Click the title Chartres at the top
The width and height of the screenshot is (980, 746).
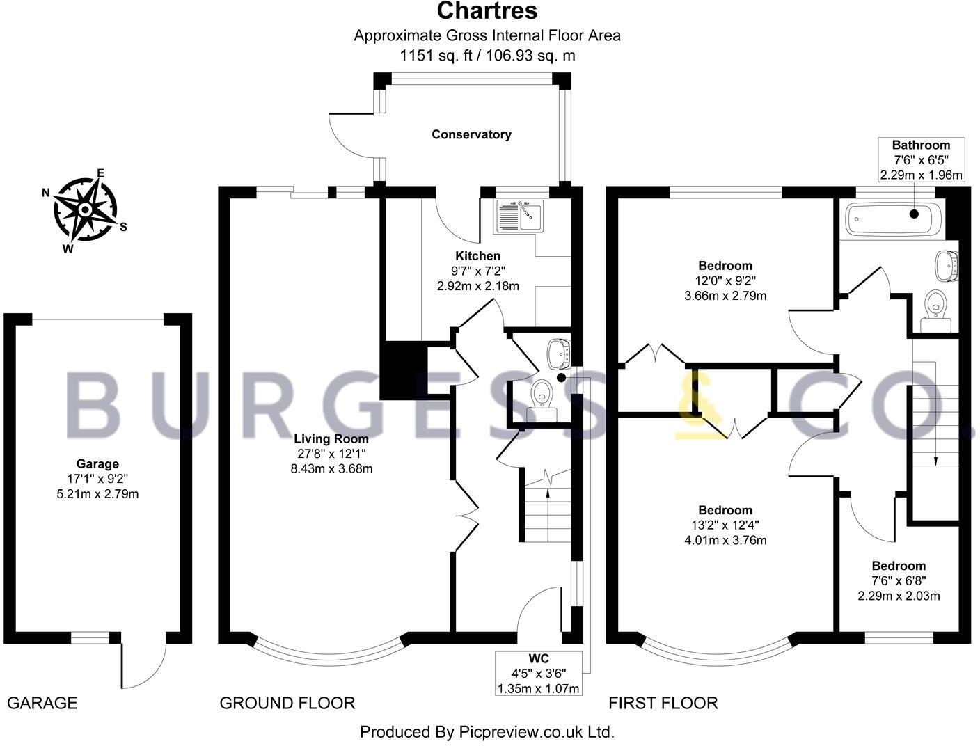(487, 11)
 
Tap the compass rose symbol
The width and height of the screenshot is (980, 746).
(86, 209)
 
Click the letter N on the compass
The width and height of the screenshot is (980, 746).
(47, 193)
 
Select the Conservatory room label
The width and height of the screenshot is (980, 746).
(471, 134)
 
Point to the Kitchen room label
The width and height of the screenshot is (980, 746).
(477, 256)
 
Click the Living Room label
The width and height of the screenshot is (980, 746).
(331, 439)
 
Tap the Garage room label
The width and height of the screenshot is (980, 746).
(97, 463)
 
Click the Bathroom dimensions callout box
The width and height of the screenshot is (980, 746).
(921, 160)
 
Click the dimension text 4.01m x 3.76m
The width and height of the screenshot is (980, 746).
(725, 540)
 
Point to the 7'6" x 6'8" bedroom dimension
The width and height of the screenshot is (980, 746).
(899, 581)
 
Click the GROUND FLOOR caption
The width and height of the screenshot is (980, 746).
(287, 703)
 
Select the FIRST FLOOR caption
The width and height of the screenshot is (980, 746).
(663, 703)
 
